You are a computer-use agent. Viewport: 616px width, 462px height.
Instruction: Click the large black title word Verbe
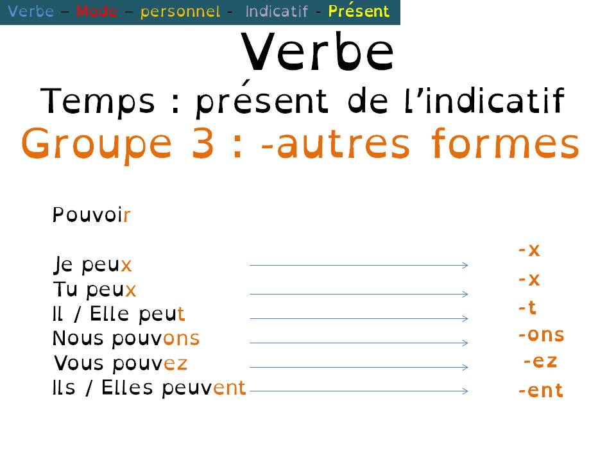point(318,53)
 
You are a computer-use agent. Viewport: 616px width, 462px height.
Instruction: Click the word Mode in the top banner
point(96,12)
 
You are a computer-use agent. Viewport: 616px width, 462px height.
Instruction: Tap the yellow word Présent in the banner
point(359,12)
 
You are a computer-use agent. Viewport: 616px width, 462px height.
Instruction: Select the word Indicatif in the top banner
point(277,12)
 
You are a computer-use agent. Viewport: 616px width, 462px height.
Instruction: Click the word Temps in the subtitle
point(99,102)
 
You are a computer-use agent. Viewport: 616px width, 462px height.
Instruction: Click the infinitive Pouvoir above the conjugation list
point(92,215)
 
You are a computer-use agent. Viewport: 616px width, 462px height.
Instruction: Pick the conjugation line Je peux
point(92,265)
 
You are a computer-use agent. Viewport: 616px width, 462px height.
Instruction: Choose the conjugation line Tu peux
point(94,290)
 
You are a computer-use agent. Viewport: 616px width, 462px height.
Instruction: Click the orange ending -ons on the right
point(541,335)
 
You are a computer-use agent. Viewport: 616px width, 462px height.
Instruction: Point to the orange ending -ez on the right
point(540,361)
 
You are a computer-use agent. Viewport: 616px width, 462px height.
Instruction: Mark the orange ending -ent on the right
point(541,391)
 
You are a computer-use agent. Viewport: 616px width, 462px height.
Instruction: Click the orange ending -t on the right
point(527,309)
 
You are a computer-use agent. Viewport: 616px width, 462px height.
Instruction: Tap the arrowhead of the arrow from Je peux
point(466,265)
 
